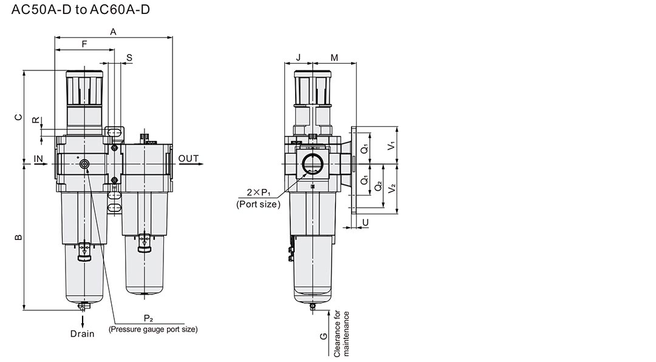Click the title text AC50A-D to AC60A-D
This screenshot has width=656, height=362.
(x=80, y=10)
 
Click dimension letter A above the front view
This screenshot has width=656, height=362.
(x=113, y=32)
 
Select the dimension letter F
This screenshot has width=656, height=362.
(x=84, y=44)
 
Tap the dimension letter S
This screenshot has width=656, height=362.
(x=129, y=58)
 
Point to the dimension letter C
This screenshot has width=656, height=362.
(x=18, y=117)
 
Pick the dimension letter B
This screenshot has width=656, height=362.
(x=18, y=237)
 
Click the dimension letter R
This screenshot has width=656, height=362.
(x=36, y=120)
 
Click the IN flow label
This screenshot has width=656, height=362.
(x=38, y=159)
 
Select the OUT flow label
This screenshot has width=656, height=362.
(x=188, y=159)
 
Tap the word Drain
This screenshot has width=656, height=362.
(x=83, y=333)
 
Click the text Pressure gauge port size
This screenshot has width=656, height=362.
(x=153, y=329)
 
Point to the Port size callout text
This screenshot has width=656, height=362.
(x=258, y=204)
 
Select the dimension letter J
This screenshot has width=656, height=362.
(x=298, y=57)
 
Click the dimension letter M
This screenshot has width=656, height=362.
(x=334, y=57)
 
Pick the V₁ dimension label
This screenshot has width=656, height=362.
(x=392, y=146)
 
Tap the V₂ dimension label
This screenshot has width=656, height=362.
(x=392, y=188)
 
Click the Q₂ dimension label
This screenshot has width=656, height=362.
(x=378, y=185)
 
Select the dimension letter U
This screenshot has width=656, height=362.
(x=366, y=222)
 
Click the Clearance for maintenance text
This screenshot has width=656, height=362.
(x=341, y=334)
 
